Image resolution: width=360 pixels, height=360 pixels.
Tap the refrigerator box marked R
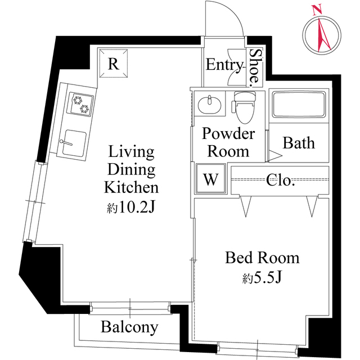[x=113, y=64]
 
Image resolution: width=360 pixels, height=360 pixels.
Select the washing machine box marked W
[x=210, y=179]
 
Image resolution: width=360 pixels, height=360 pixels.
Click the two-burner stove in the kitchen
[x=79, y=105]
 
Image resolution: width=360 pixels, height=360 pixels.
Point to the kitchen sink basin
[x=73, y=142]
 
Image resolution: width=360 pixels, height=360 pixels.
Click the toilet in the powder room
[x=244, y=106]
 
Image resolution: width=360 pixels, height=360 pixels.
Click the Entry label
[x=224, y=65]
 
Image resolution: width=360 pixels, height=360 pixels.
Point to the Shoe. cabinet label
[x=255, y=66]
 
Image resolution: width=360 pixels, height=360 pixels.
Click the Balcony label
[x=129, y=327]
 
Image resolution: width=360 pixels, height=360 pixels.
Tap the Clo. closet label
[x=280, y=181]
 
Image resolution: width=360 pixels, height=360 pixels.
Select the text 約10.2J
[x=130, y=208]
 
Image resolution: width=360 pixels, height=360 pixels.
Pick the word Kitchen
[x=131, y=187]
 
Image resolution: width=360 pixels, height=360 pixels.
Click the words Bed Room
[x=262, y=258]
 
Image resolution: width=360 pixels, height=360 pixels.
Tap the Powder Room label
[x=228, y=142]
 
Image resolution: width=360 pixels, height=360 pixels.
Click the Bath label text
[x=298, y=143]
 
